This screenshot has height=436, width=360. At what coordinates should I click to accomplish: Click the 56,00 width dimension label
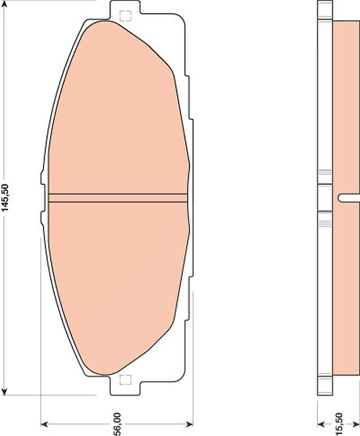point(117,424)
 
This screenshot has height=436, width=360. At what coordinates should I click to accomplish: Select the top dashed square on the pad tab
point(125,16)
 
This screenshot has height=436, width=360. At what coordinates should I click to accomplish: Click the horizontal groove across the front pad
point(118,198)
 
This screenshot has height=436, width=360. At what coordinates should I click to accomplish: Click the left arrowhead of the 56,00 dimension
point(45,424)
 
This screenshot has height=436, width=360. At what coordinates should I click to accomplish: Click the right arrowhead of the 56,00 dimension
point(189,424)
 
